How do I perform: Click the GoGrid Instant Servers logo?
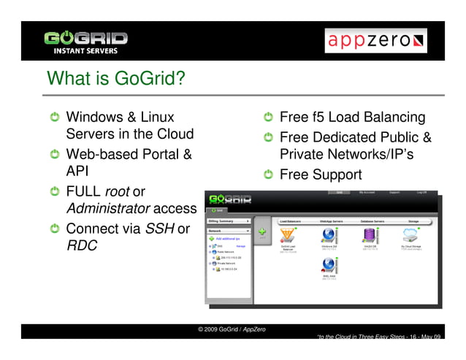point(85,41)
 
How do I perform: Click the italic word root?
point(117,191)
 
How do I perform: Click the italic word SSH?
point(159,229)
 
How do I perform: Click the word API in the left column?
point(78,172)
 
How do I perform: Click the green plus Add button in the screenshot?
point(261,232)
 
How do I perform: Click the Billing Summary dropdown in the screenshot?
point(229,219)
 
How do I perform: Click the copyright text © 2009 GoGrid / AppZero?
point(232,329)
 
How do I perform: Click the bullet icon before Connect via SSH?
point(53,229)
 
